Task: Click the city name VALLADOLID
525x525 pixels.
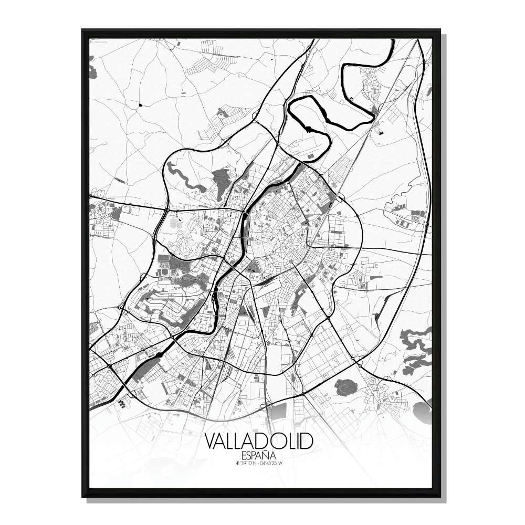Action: click(259, 440)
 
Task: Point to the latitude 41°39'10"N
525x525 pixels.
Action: click(244, 463)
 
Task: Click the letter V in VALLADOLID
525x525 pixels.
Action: click(210, 440)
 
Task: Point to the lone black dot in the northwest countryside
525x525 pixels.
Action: click(141, 105)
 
